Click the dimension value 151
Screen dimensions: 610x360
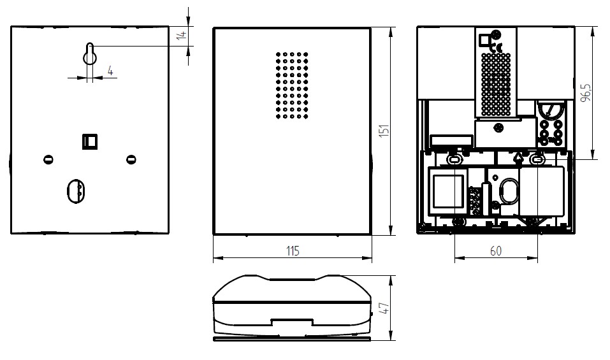[384, 130]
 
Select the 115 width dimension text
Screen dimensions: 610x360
[293, 251]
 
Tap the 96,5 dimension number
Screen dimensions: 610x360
[586, 92]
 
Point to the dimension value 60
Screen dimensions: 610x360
[496, 251]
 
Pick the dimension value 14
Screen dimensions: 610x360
[182, 35]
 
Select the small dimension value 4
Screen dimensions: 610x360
[110, 71]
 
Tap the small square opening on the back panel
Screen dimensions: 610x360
[90, 141]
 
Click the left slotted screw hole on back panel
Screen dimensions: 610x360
[48, 159]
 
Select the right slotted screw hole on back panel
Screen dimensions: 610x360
[131, 159]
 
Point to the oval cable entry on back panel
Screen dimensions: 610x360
[76, 192]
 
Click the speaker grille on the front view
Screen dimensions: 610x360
[292, 85]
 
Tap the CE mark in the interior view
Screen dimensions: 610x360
[497, 48]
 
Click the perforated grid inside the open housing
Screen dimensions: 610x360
[496, 84]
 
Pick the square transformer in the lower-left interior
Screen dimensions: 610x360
[448, 191]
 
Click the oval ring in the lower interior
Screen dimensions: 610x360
[509, 191]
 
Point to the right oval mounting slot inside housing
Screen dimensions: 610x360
[537, 159]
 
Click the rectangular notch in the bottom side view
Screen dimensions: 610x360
[292, 322]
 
